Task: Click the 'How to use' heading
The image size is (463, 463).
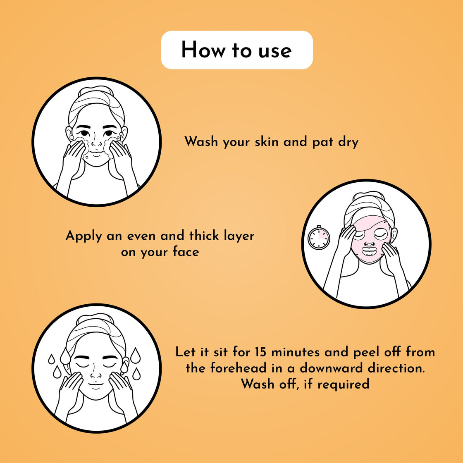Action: click(236, 50)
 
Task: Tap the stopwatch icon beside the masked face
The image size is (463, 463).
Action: click(319, 238)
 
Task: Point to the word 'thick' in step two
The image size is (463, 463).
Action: click(204, 236)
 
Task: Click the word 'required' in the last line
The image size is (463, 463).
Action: click(343, 384)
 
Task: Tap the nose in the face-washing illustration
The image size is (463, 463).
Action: click(96, 143)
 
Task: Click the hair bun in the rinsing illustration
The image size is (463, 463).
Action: click(96, 320)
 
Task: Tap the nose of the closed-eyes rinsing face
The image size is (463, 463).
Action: click(96, 374)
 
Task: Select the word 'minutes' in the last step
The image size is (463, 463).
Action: click(295, 352)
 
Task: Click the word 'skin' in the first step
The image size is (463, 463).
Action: click(257, 141)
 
